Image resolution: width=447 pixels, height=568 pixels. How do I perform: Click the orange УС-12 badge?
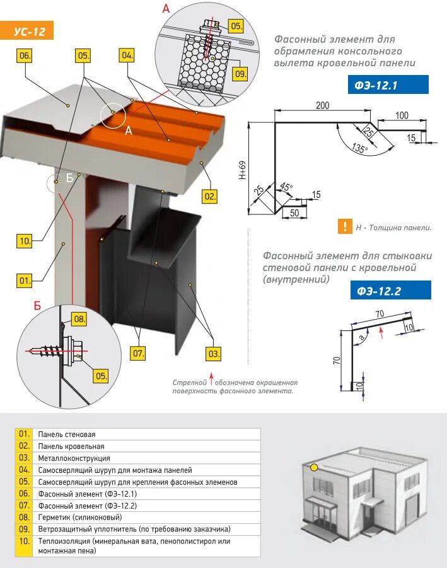point(29,31)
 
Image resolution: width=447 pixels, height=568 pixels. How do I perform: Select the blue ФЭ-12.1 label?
point(387,85)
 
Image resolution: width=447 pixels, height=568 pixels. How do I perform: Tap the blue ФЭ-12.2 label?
point(389,291)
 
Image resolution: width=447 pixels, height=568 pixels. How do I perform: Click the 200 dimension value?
point(323,105)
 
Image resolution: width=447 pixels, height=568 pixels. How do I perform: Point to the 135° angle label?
point(359,149)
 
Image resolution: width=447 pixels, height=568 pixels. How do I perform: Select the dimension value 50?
point(293,212)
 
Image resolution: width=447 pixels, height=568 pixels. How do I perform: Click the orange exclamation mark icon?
point(344,226)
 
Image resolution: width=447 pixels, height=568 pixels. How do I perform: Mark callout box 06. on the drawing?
point(25,55)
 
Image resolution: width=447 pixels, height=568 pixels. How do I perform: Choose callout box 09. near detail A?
point(240,74)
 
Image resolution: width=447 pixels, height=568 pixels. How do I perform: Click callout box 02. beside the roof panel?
point(210,196)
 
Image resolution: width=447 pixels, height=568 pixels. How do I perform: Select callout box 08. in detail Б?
point(79,319)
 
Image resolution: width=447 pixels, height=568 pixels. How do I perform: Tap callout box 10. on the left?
point(25,241)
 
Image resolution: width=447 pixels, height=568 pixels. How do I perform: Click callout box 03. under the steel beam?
point(214,354)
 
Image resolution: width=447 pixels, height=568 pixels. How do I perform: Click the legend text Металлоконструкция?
point(74,458)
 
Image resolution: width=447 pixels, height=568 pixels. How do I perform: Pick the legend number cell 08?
point(24,517)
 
